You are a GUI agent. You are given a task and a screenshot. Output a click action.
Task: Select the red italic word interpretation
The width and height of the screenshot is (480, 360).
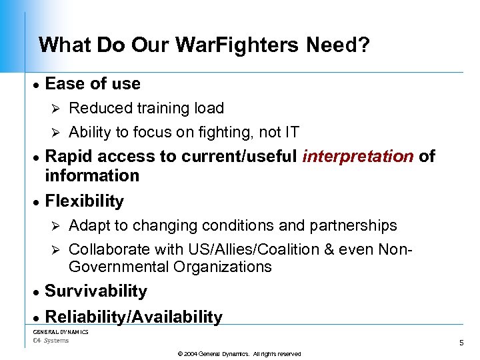[358, 157]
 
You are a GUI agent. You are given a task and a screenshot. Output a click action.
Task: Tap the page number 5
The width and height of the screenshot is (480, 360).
[461, 343]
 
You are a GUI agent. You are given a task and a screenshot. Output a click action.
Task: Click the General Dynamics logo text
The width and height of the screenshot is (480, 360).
[61, 331]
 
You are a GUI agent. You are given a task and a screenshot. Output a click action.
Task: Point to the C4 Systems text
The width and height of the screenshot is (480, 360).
[51, 341]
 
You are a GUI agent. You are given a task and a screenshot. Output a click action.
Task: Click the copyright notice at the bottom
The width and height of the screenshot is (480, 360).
[239, 354]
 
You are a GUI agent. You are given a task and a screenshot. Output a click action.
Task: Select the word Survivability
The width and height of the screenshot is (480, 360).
[96, 291]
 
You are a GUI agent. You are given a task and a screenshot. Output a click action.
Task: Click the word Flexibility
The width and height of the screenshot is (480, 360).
[85, 201]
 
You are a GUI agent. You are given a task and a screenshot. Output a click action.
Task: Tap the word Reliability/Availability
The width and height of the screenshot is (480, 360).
[133, 317]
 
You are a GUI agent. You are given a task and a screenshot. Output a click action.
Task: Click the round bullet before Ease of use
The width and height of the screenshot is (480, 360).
[37, 85]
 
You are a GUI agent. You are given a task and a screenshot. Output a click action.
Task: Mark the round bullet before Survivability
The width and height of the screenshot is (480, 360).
[37, 292]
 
